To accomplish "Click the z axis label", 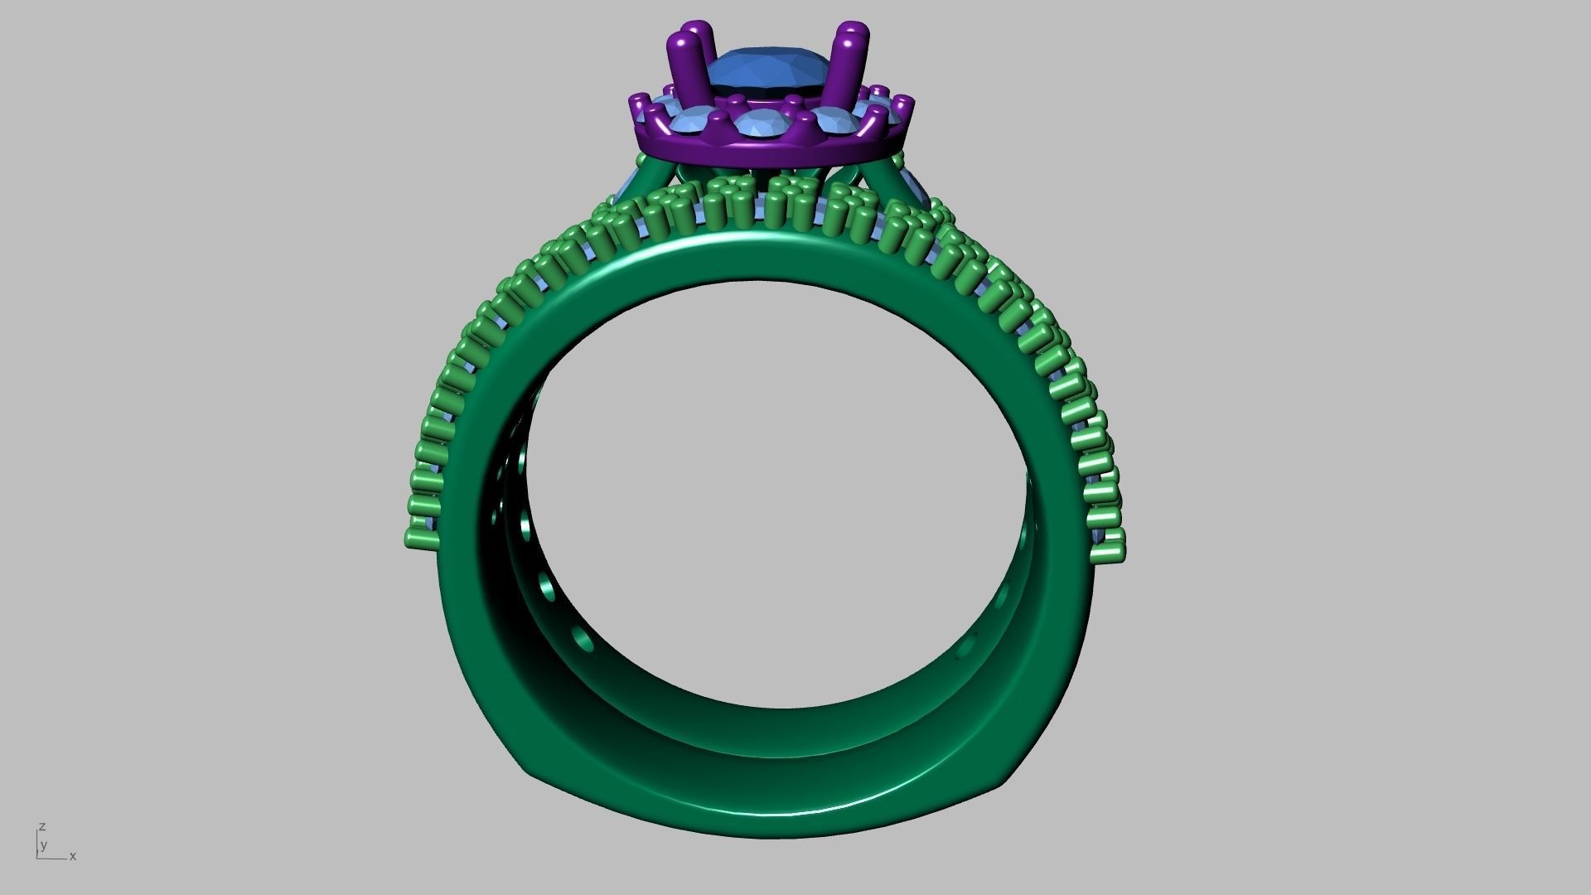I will coord(41,827).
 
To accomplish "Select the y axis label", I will coord(43,845).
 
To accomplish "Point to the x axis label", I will coord(73,856).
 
